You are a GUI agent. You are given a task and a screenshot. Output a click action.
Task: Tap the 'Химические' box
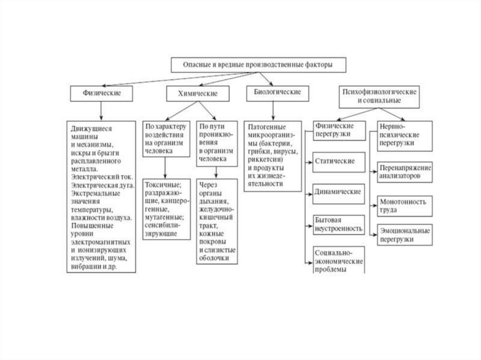(x=198, y=94)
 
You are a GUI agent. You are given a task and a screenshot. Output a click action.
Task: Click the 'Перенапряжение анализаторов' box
(x=404, y=172)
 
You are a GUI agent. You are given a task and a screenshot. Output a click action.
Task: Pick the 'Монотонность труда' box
(x=404, y=205)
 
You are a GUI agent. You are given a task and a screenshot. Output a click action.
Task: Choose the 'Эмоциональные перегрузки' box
(x=404, y=235)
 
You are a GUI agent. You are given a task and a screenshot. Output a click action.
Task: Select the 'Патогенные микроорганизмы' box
(x=273, y=155)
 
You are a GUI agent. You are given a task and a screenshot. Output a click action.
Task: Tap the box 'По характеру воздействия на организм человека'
(x=166, y=139)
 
